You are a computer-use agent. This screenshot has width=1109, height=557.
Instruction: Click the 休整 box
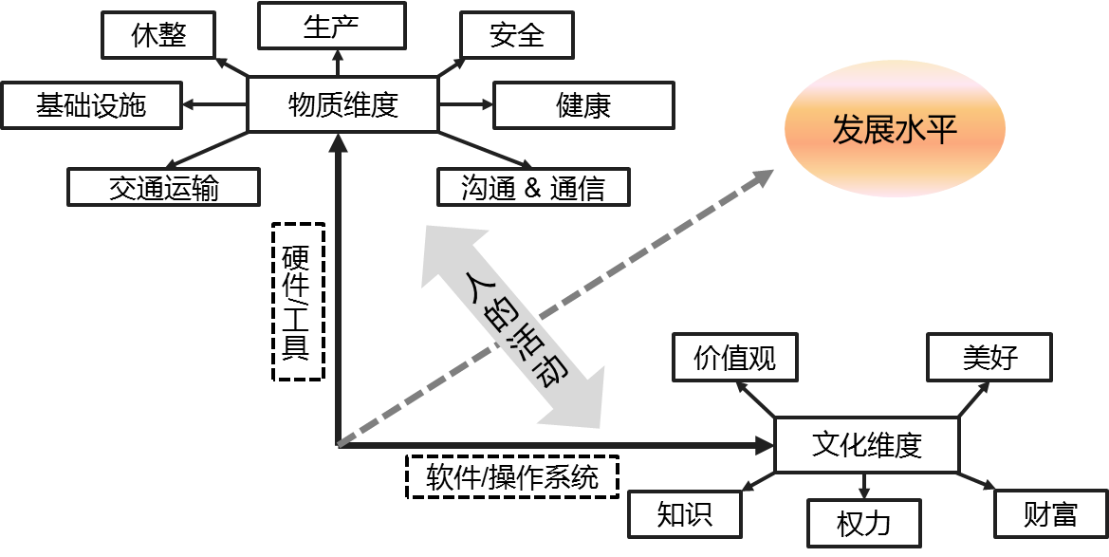158,35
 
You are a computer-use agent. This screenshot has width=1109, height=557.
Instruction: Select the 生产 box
332,26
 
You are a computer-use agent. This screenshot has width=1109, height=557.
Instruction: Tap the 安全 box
516,35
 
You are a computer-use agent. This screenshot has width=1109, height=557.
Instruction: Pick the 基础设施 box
92,105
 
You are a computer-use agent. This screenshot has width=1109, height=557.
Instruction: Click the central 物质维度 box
343,104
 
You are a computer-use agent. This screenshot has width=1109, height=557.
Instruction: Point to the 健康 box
583,105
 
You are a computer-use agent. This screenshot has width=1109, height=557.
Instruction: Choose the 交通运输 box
163,188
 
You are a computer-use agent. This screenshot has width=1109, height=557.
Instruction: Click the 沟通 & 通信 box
533,188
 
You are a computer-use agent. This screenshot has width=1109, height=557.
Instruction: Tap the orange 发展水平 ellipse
895,129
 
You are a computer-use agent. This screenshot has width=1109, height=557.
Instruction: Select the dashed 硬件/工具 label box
299,302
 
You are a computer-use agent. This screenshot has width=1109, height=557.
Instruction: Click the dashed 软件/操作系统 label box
513,477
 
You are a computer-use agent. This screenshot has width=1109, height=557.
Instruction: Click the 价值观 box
735,358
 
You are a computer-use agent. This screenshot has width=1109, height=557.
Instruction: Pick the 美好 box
989,358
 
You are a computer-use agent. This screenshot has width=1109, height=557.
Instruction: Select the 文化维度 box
867,445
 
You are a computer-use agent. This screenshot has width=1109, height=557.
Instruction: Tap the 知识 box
685,514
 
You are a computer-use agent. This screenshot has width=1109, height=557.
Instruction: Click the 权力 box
864,524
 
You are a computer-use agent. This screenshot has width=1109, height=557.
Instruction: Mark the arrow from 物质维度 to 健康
466,104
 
